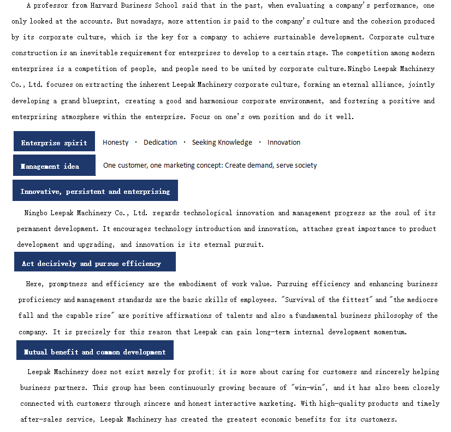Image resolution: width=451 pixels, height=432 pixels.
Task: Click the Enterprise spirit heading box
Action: [x=54, y=142]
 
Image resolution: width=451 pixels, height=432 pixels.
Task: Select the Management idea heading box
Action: [x=54, y=165]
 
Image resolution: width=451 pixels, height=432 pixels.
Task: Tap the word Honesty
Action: [x=116, y=143]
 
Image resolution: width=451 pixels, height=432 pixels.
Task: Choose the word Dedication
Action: [x=160, y=143]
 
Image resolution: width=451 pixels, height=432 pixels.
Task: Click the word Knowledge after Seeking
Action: [x=236, y=143]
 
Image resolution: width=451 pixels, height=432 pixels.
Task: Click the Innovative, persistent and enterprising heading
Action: [x=95, y=191]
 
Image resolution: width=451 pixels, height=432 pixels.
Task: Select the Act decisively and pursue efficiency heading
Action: [x=94, y=263]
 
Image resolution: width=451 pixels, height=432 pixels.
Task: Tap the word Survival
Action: [x=304, y=300]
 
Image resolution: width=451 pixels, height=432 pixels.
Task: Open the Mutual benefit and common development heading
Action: [x=94, y=351]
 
